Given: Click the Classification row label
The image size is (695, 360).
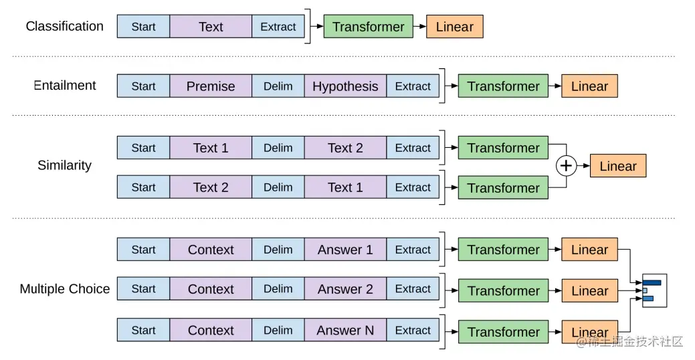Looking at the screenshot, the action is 65,26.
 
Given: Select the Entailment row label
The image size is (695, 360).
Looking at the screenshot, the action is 65,85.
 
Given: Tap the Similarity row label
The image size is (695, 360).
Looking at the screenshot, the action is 65,165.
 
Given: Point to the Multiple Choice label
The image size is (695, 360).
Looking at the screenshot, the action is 65,288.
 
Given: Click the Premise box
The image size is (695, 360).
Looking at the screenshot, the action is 211,86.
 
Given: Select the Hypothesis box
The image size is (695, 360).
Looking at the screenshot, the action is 345,86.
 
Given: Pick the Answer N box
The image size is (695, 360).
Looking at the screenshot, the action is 345,331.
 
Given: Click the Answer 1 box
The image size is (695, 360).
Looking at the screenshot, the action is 345,250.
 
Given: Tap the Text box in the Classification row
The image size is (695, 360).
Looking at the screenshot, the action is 211,27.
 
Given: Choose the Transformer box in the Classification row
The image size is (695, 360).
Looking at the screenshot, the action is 369,27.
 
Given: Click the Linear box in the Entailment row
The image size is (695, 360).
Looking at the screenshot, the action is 589,86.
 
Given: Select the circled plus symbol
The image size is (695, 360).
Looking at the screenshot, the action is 566,166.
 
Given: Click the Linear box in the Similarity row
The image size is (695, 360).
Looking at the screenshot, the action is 618,166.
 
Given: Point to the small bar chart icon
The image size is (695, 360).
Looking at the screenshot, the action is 655,290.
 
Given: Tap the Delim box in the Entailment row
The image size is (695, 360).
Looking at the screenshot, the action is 278,86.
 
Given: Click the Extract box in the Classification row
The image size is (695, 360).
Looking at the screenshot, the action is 278,27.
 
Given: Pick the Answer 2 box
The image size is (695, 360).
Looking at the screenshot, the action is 345,288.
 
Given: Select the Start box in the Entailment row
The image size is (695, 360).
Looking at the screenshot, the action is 143,86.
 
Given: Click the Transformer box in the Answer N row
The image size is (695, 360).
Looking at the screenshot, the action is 503,332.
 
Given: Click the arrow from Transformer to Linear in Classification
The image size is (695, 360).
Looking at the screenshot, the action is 420,27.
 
